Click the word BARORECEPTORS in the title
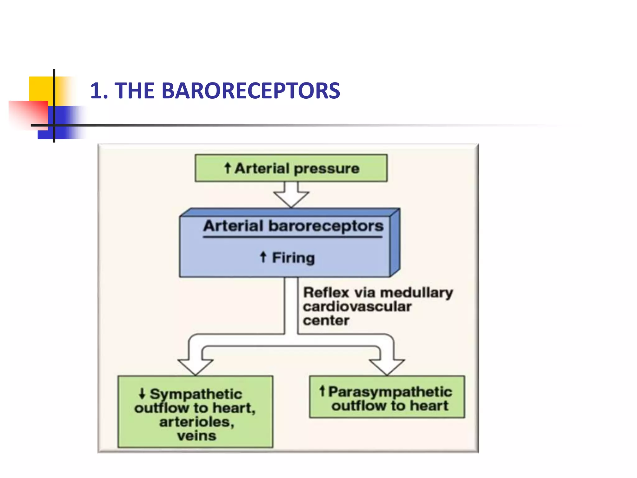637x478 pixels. (x=251, y=91)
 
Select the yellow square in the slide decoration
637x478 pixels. (x=41, y=89)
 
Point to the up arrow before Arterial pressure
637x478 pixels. (x=228, y=168)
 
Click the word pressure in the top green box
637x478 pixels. (x=327, y=169)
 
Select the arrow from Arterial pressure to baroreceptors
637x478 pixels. (x=291, y=195)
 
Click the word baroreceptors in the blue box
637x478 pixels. (x=326, y=226)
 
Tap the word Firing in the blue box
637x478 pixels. (x=293, y=258)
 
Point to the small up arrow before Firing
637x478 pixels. (x=263, y=257)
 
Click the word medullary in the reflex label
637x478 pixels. (x=416, y=293)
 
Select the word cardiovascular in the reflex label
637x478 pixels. (x=357, y=307)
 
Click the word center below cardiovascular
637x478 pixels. (x=326, y=321)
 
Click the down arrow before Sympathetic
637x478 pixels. (x=142, y=393)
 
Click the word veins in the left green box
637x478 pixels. (x=197, y=436)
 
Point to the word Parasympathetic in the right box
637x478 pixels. (x=390, y=391)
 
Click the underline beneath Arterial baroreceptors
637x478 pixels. (x=292, y=237)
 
